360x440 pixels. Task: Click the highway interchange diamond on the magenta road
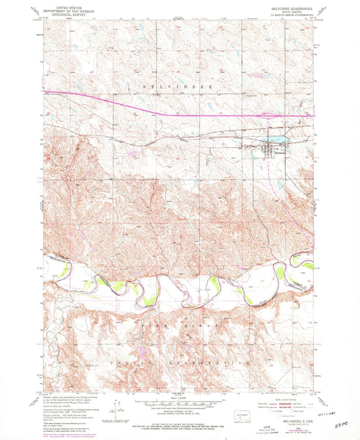271,115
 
